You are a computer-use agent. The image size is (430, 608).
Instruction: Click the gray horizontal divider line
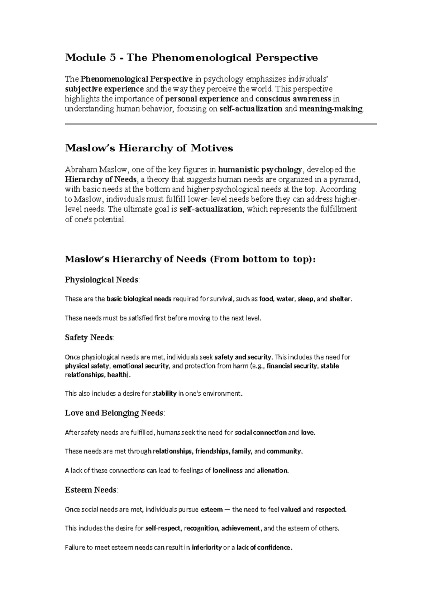tap(221, 124)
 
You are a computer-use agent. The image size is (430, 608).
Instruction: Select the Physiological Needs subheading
tap(101, 280)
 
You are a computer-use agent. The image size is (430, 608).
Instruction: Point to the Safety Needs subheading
tap(89, 338)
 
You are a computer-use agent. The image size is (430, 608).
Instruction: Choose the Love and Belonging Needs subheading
tap(114, 413)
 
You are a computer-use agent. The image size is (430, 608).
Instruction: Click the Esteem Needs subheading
tap(91, 490)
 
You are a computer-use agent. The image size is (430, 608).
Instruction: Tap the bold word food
tap(266, 299)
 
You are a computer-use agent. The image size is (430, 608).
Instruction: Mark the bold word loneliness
tap(228, 470)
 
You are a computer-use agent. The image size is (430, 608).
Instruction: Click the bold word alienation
tap(272, 470)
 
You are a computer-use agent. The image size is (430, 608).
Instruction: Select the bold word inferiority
tap(207, 547)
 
